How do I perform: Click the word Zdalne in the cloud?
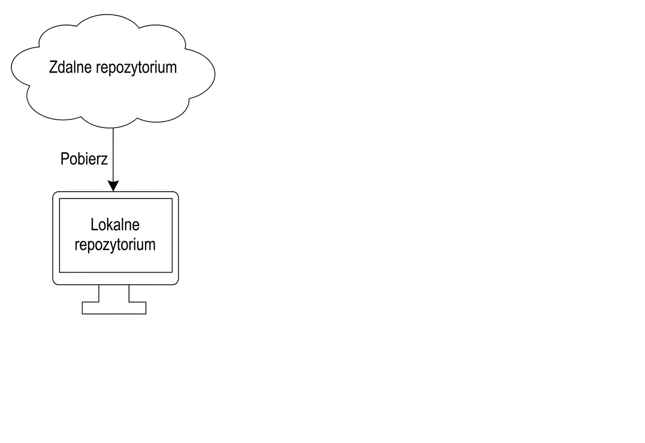click(x=71, y=67)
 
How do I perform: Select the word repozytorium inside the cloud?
click(x=136, y=68)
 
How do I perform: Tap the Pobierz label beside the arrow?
click(x=84, y=159)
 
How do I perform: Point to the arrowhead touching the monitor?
click(x=113, y=186)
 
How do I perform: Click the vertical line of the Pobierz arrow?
click(x=113, y=155)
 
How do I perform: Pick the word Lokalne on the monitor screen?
click(x=115, y=225)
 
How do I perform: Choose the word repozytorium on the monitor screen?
click(x=115, y=246)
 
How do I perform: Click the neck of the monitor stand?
click(x=114, y=293)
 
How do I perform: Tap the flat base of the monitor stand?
click(x=114, y=308)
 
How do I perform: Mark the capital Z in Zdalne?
click(x=53, y=67)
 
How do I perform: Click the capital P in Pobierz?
click(x=65, y=159)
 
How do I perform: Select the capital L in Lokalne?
click(x=94, y=225)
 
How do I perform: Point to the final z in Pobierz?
click(x=104, y=160)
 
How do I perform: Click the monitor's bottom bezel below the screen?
click(x=115, y=278)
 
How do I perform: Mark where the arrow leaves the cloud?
click(x=113, y=128)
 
